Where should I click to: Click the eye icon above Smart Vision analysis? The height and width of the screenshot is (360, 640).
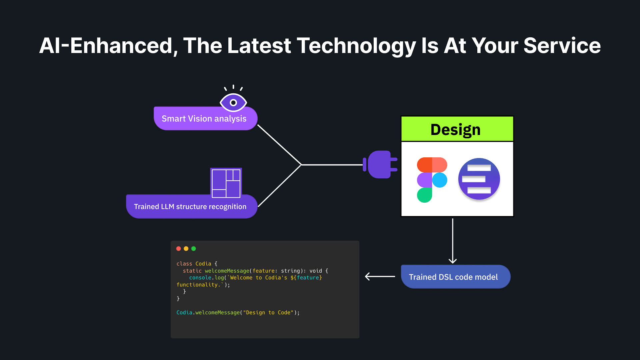tap(233, 102)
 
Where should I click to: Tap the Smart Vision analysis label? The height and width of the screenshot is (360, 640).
tap(204, 119)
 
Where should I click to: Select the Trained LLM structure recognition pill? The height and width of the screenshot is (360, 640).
tap(190, 207)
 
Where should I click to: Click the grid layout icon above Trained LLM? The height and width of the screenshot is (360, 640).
tap(226, 183)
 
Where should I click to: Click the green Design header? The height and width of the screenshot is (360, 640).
tap(457, 129)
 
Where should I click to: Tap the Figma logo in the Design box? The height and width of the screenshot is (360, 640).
tap(432, 180)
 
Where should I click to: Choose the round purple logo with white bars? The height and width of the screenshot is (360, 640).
tap(479, 179)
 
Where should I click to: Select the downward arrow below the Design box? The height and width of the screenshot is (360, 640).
tap(453, 241)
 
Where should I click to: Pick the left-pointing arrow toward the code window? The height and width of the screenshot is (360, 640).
tap(380, 276)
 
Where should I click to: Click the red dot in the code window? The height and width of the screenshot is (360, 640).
tap(179, 249)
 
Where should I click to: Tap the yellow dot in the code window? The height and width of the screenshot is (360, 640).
tap(186, 249)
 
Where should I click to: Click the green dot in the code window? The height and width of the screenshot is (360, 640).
tap(194, 249)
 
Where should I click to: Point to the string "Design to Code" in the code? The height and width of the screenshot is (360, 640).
tap(268, 313)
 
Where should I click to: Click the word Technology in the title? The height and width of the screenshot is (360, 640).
tap(356, 46)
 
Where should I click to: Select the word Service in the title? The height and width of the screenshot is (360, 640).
tap(562, 46)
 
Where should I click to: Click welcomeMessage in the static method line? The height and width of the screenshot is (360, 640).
tap(227, 271)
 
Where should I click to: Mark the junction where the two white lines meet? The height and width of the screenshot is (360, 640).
tap(301, 165)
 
